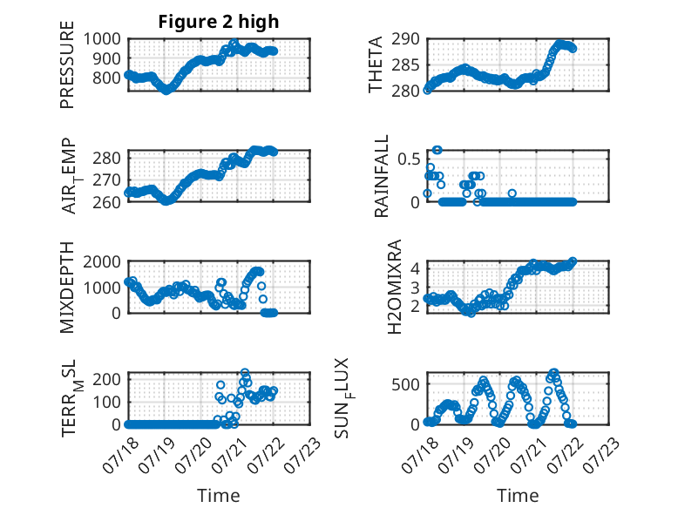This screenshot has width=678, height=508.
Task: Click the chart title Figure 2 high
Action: [x=219, y=22]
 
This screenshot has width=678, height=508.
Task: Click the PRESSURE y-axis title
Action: [x=67, y=64]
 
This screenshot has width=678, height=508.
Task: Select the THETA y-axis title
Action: [x=376, y=64]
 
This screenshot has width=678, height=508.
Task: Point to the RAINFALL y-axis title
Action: [x=382, y=176]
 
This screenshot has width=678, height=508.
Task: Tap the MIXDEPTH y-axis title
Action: [x=67, y=288]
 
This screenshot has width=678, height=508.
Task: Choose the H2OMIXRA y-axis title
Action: [x=395, y=287]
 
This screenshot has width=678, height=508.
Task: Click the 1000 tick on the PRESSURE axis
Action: [x=102, y=39]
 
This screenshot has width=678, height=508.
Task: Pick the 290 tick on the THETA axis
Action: [x=405, y=39]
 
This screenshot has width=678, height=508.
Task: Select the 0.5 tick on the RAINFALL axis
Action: [x=409, y=159]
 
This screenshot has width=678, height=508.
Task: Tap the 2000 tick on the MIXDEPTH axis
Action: [x=102, y=262]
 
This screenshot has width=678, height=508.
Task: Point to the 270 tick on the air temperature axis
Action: [x=107, y=179]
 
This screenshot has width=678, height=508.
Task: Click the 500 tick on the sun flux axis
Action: [x=405, y=384]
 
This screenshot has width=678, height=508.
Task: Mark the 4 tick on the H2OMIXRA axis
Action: [x=415, y=268]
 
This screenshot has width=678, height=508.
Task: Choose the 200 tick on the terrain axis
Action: [x=107, y=379]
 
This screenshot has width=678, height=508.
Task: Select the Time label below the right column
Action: [x=518, y=496]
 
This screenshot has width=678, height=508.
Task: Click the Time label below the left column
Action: [x=219, y=496]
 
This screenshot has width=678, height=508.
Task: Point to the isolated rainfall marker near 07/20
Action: [x=512, y=193]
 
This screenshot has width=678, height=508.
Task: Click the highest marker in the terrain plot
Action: [x=245, y=372]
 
